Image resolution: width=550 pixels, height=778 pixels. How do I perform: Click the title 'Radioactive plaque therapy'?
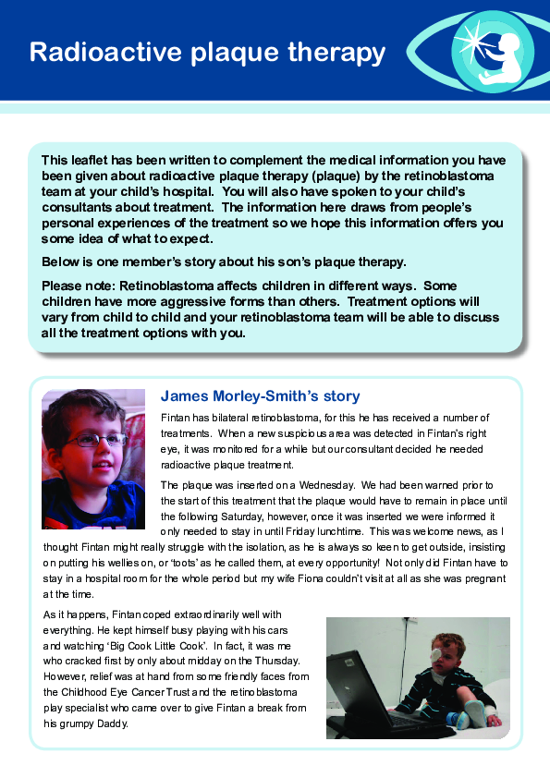click(207, 52)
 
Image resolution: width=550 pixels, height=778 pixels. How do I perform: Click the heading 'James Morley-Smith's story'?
click(260, 396)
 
